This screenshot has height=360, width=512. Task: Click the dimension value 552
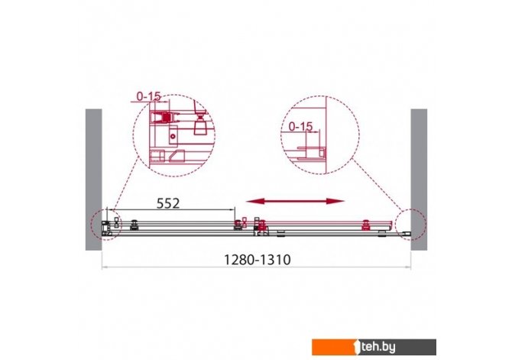[x=168, y=203]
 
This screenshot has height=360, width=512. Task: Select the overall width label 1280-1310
[x=257, y=260]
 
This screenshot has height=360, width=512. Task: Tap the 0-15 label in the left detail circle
[x=149, y=96]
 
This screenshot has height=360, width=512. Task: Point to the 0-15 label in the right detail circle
[x=301, y=126]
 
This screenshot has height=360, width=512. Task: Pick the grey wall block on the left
[x=94, y=180]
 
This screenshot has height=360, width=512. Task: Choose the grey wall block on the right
[x=419, y=180]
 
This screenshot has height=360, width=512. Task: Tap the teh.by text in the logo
[x=378, y=347]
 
